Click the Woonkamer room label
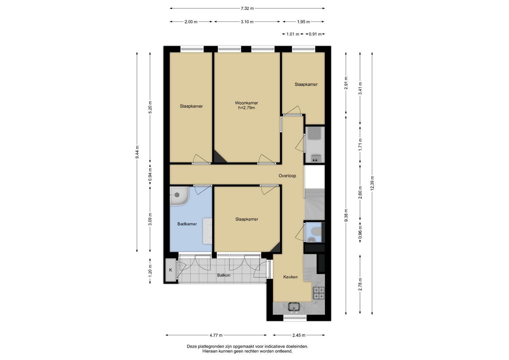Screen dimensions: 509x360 246,103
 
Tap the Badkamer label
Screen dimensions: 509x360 187,224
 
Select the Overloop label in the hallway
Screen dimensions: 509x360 287,176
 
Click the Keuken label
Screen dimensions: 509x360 290,277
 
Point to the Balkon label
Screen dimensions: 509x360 224,275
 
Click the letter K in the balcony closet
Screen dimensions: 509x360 170,270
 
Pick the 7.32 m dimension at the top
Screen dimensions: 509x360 247,8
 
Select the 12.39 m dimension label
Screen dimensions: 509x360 372,183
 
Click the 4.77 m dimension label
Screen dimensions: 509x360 216,335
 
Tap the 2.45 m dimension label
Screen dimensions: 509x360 299,335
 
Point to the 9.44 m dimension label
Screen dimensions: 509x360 137,152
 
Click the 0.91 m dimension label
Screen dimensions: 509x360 315,34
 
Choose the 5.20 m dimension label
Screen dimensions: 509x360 150,107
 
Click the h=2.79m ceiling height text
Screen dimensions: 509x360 246,108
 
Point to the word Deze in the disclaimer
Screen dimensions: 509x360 192,347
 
